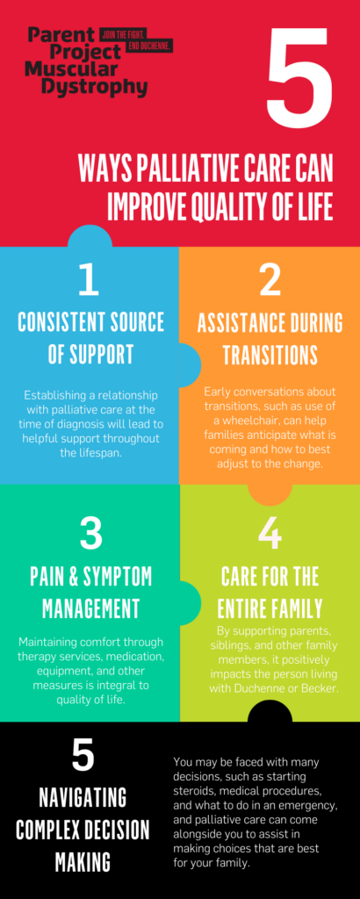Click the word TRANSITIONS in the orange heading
coord(270,355)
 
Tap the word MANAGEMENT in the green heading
coord(90,606)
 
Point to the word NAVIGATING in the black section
coord(83,798)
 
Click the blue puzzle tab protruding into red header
coord(90,236)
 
